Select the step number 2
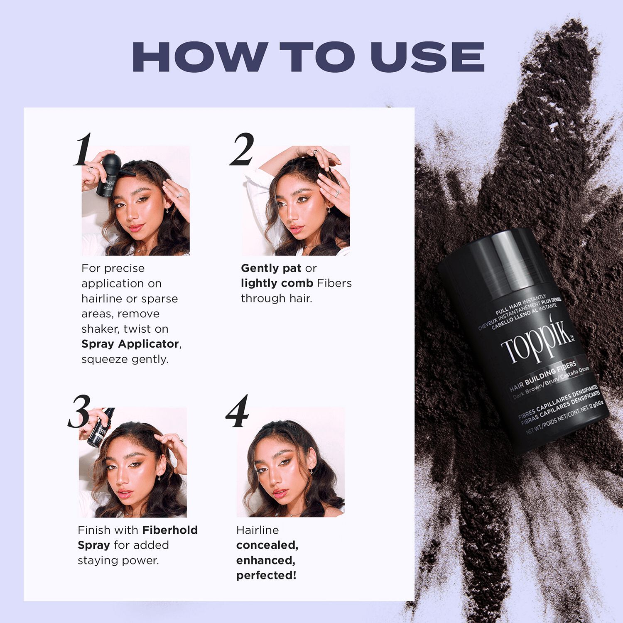coord(242,150)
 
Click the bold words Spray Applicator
coord(130,344)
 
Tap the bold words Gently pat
coord(271,268)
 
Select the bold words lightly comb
coord(277,283)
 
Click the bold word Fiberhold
coord(170,530)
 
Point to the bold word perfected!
coord(266,576)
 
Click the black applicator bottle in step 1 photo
coord(109,174)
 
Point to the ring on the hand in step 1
coord(180,195)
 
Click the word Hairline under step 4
coord(258,530)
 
